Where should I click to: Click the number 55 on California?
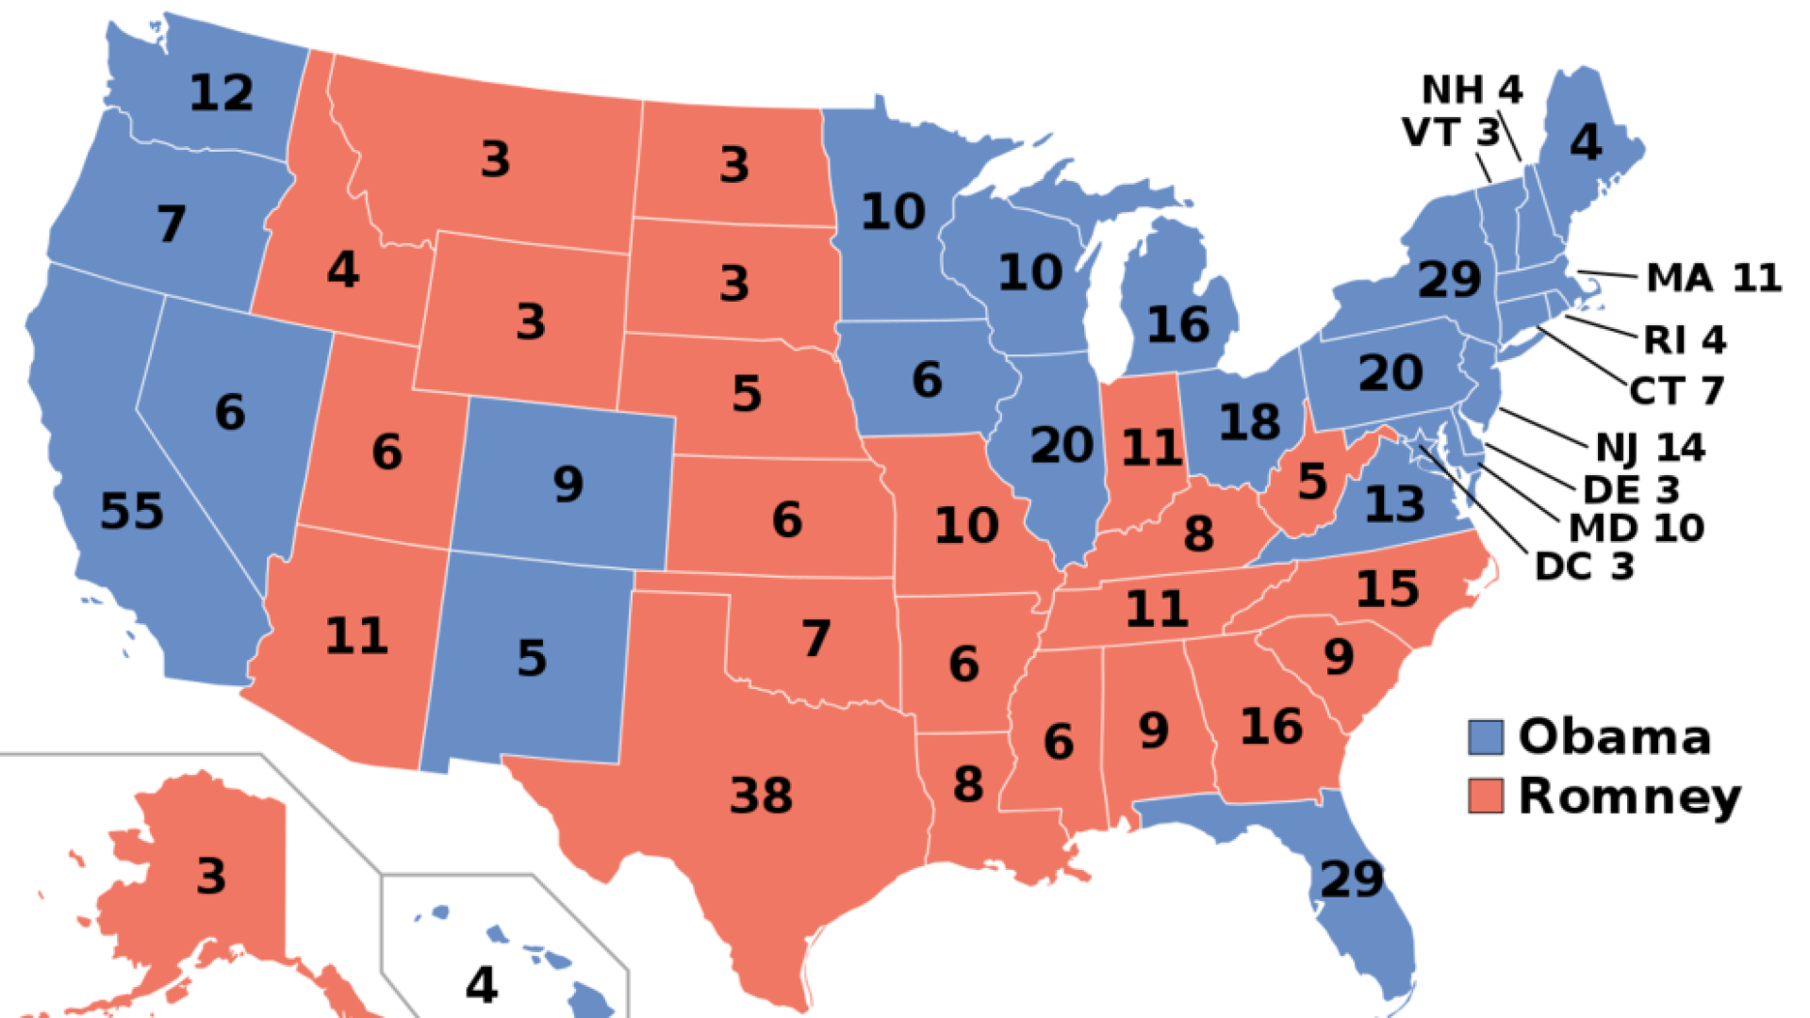point(132,512)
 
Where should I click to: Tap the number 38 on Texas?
point(761,796)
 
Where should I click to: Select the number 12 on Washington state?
point(222,93)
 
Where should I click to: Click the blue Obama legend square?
point(1485,737)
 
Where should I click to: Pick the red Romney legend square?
point(1485,796)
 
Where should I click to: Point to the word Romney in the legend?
point(1631,797)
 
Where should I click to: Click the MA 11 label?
point(1713,278)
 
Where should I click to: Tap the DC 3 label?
point(1584,566)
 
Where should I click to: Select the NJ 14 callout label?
point(1650,448)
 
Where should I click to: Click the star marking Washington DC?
point(1421,445)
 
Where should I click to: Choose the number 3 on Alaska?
point(211,876)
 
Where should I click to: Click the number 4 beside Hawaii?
point(482,985)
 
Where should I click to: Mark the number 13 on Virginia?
point(1395,504)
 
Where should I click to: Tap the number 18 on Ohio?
point(1250,422)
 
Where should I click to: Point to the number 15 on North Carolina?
point(1388,589)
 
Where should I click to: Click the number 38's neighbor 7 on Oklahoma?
point(816,638)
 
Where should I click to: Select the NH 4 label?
point(1472,90)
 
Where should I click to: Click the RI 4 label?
point(1685,340)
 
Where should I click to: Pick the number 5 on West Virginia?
point(1312,483)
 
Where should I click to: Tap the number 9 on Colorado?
point(568,484)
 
